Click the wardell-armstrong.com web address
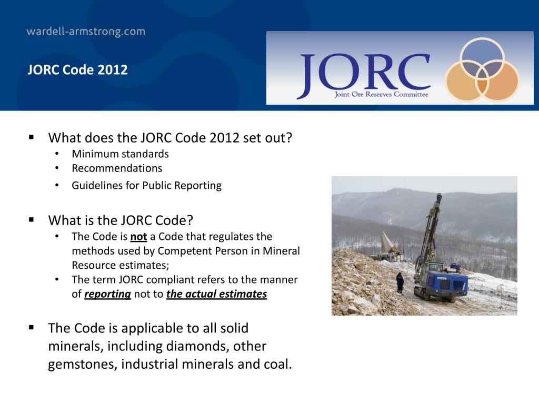click(x=86, y=32)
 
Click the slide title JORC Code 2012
click(x=78, y=70)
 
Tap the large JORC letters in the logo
click(x=363, y=74)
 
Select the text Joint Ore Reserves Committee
click(x=381, y=95)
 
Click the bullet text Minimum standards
click(x=121, y=154)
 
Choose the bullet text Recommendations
click(x=117, y=168)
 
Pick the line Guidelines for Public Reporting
click(x=147, y=185)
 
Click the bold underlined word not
click(x=138, y=237)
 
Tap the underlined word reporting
click(x=107, y=294)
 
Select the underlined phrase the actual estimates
click(x=216, y=294)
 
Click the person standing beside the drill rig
click(x=400, y=282)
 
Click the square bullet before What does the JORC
click(x=32, y=138)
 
